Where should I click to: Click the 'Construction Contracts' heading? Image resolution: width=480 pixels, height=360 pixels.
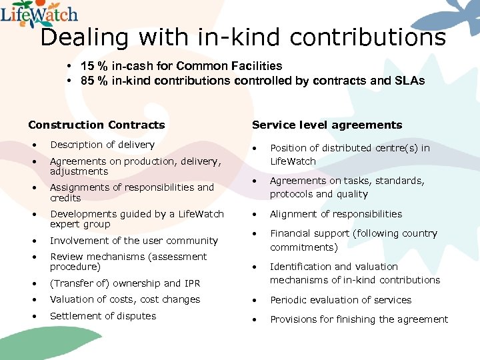pos(96,125)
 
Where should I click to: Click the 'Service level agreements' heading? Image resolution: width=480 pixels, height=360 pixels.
pos(327,125)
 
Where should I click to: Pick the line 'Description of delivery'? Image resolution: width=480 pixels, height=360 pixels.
pos(102,145)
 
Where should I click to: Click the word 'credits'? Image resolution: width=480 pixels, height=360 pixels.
pos(65,198)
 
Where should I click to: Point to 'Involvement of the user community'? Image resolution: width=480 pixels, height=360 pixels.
pos(134,241)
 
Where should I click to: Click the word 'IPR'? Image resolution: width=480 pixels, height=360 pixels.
pos(192,283)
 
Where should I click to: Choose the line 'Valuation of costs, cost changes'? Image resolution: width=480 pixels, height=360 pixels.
pos(125,299)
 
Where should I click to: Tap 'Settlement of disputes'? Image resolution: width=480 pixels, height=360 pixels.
pos(103,316)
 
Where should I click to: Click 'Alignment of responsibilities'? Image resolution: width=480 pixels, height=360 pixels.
pos(336,214)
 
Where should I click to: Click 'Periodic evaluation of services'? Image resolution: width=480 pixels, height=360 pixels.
pos(341,300)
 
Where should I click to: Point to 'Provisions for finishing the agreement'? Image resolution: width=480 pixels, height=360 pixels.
pos(359,319)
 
